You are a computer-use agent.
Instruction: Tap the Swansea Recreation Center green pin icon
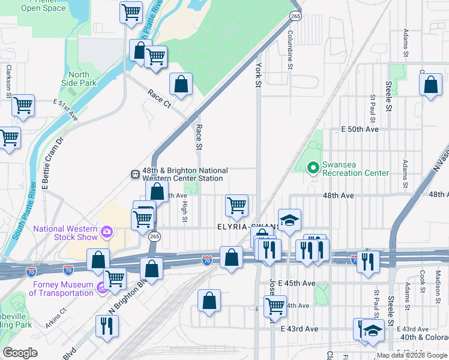tap(312, 168)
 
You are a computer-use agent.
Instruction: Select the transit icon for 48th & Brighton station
tap(136, 174)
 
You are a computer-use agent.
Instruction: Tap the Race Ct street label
tap(159, 98)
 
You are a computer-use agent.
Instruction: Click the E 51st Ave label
tap(65, 110)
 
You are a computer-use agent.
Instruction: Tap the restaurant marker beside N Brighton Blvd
tap(107, 325)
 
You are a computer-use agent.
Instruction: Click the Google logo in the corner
tap(20, 353)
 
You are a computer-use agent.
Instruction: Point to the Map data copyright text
tap(412, 355)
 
